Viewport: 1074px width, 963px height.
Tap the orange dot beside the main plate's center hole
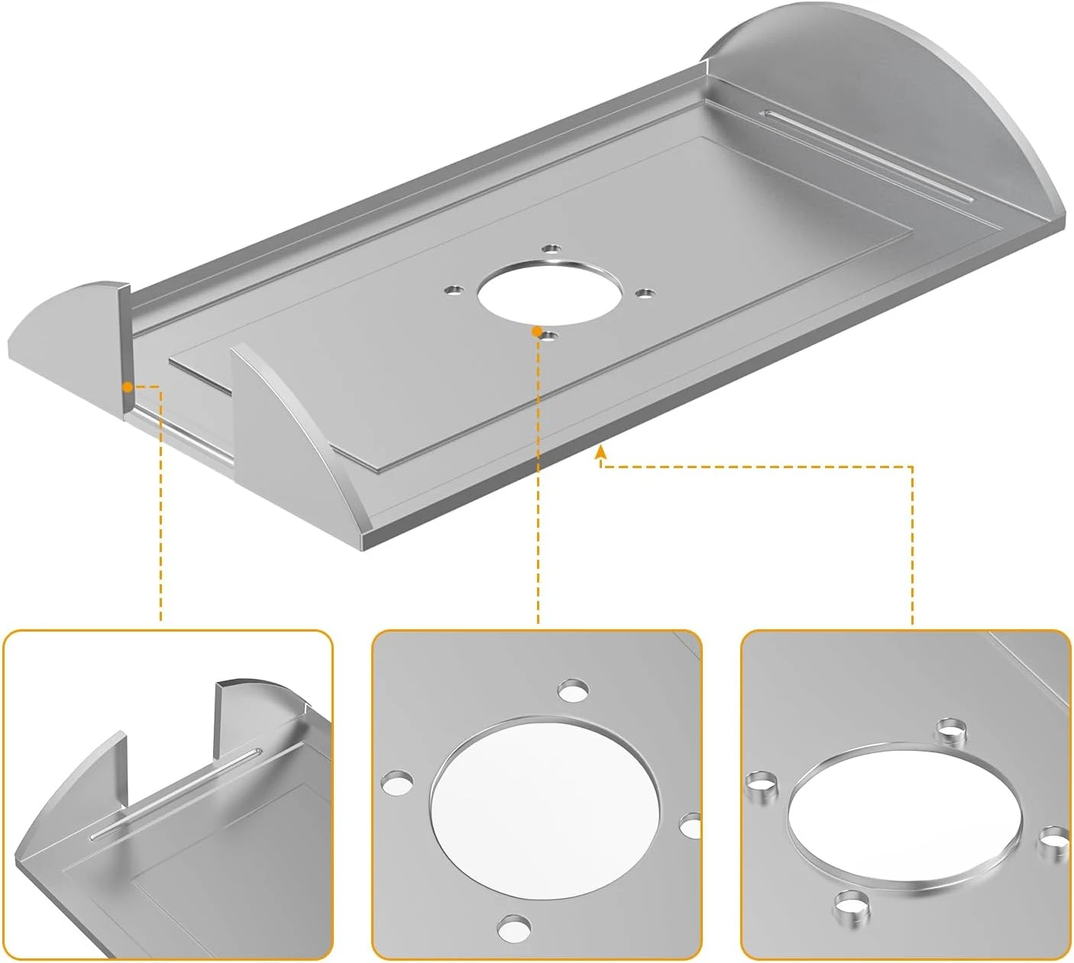click(x=536, y=331)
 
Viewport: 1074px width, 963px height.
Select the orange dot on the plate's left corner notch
click(x=127, y=387)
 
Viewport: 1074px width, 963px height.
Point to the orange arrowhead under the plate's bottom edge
click(x=601, y=454)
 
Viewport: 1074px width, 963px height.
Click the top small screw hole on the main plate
click(x=551, y=248)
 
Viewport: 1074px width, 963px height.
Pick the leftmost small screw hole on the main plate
click(x=455, y=290)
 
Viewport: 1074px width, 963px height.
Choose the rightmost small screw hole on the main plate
click(x=645, y=292)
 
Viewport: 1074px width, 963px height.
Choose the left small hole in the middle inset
click(x=398, y=784)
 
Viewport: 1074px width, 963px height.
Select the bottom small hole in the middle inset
click(x=513, y=929)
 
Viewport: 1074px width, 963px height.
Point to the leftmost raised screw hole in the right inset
click(x=760, y=784)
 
